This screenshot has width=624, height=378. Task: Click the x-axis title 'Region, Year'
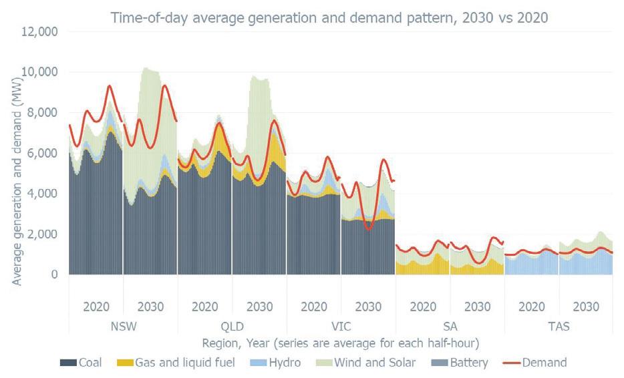(x=341, y=343)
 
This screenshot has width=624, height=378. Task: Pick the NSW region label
(x=123, y=327)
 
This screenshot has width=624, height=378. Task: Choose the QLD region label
(x=232, y=327)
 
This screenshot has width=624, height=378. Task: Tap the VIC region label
(x=341, y=327)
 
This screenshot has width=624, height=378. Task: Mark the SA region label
(x=450, y=327)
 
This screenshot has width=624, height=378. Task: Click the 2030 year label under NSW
(x=150, y=307)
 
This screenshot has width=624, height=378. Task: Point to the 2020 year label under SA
(x=422, y=307)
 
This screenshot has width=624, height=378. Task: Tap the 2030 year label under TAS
(x=585, y=307)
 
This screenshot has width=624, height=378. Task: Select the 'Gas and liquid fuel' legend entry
(x=175, y=363)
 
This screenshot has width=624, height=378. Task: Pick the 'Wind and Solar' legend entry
(x=366, y=363)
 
